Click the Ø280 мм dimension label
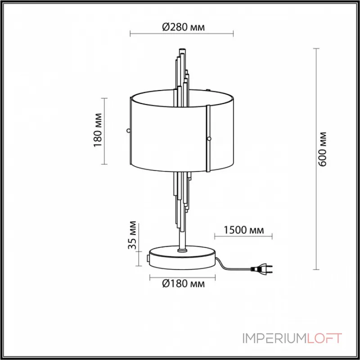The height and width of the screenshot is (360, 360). click(182, 27)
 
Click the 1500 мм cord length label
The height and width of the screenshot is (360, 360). click(243, 230)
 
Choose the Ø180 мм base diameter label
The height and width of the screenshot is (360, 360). click(182, 284)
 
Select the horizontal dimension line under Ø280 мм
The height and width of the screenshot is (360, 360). click(182, 33)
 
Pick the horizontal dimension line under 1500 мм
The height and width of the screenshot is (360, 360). click(243, 236)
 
